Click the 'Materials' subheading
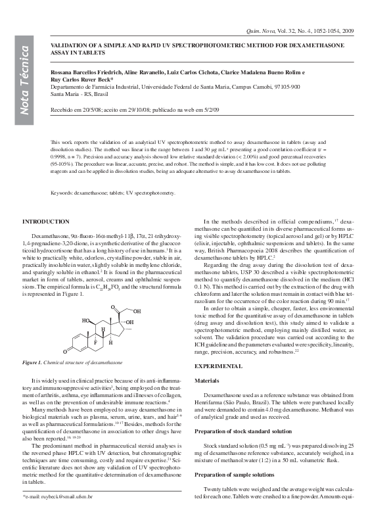coord(208,381)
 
